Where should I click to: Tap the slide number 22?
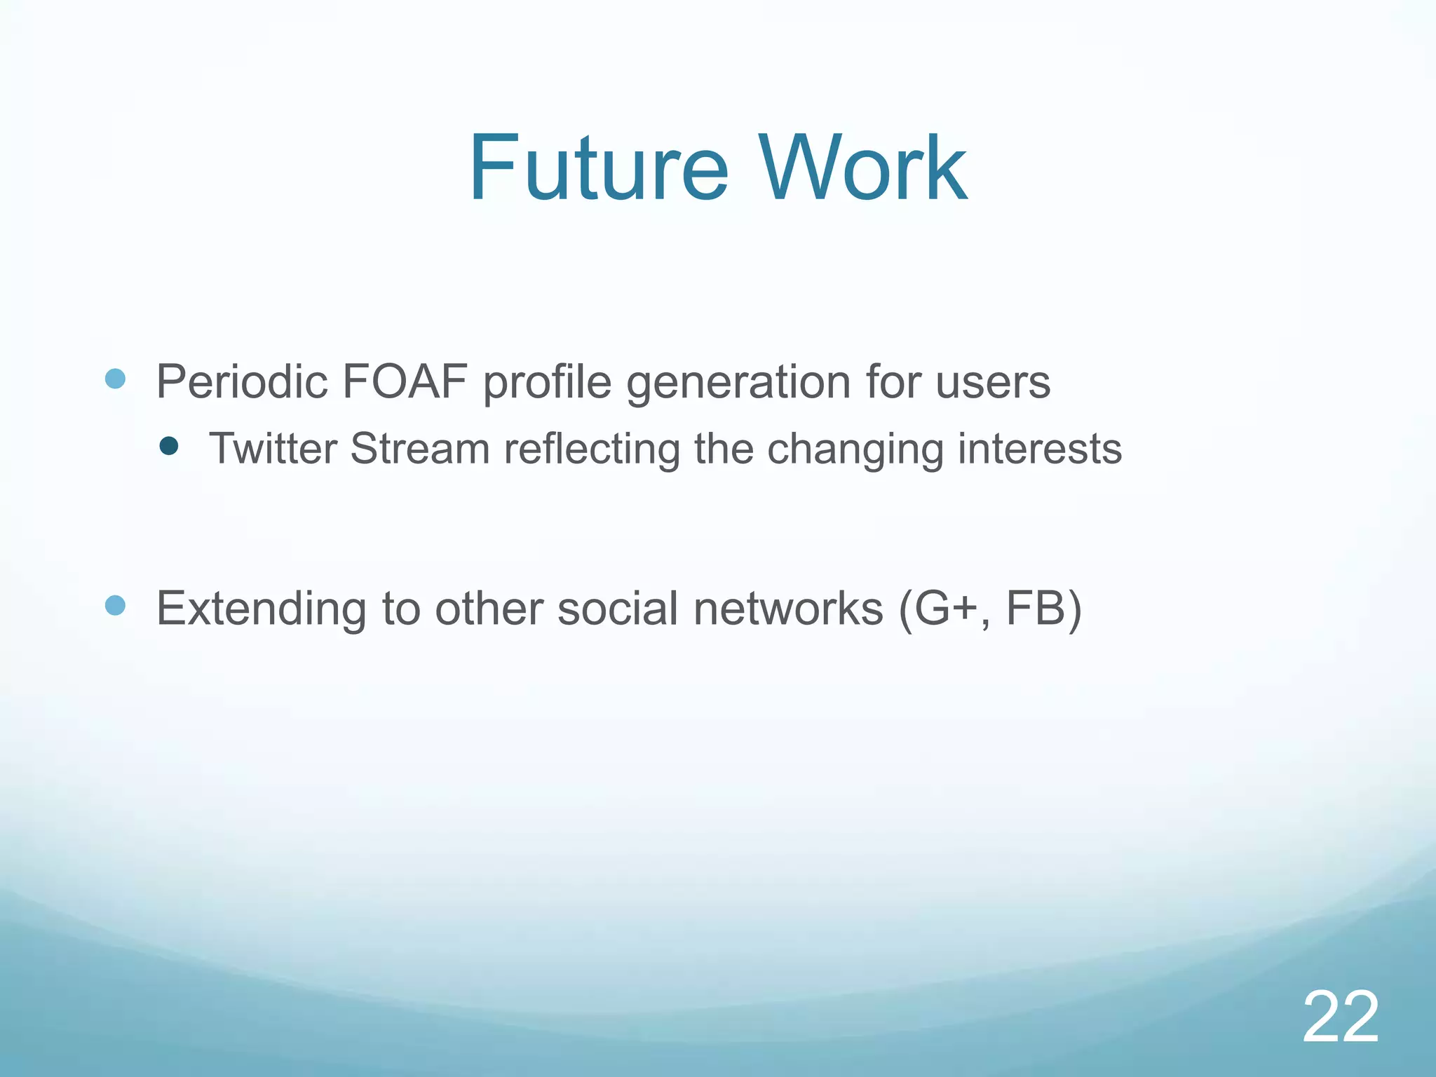click(1341, 1017)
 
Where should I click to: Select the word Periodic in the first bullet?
click(242, 382)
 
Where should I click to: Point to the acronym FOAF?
click(405, 382)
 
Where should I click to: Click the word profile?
click(548, 384)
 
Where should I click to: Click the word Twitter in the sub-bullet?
click(273, 449)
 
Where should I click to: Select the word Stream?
click(419, 449)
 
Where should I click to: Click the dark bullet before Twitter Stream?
click(169, 446)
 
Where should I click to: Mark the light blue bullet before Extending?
click(115, 605)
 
